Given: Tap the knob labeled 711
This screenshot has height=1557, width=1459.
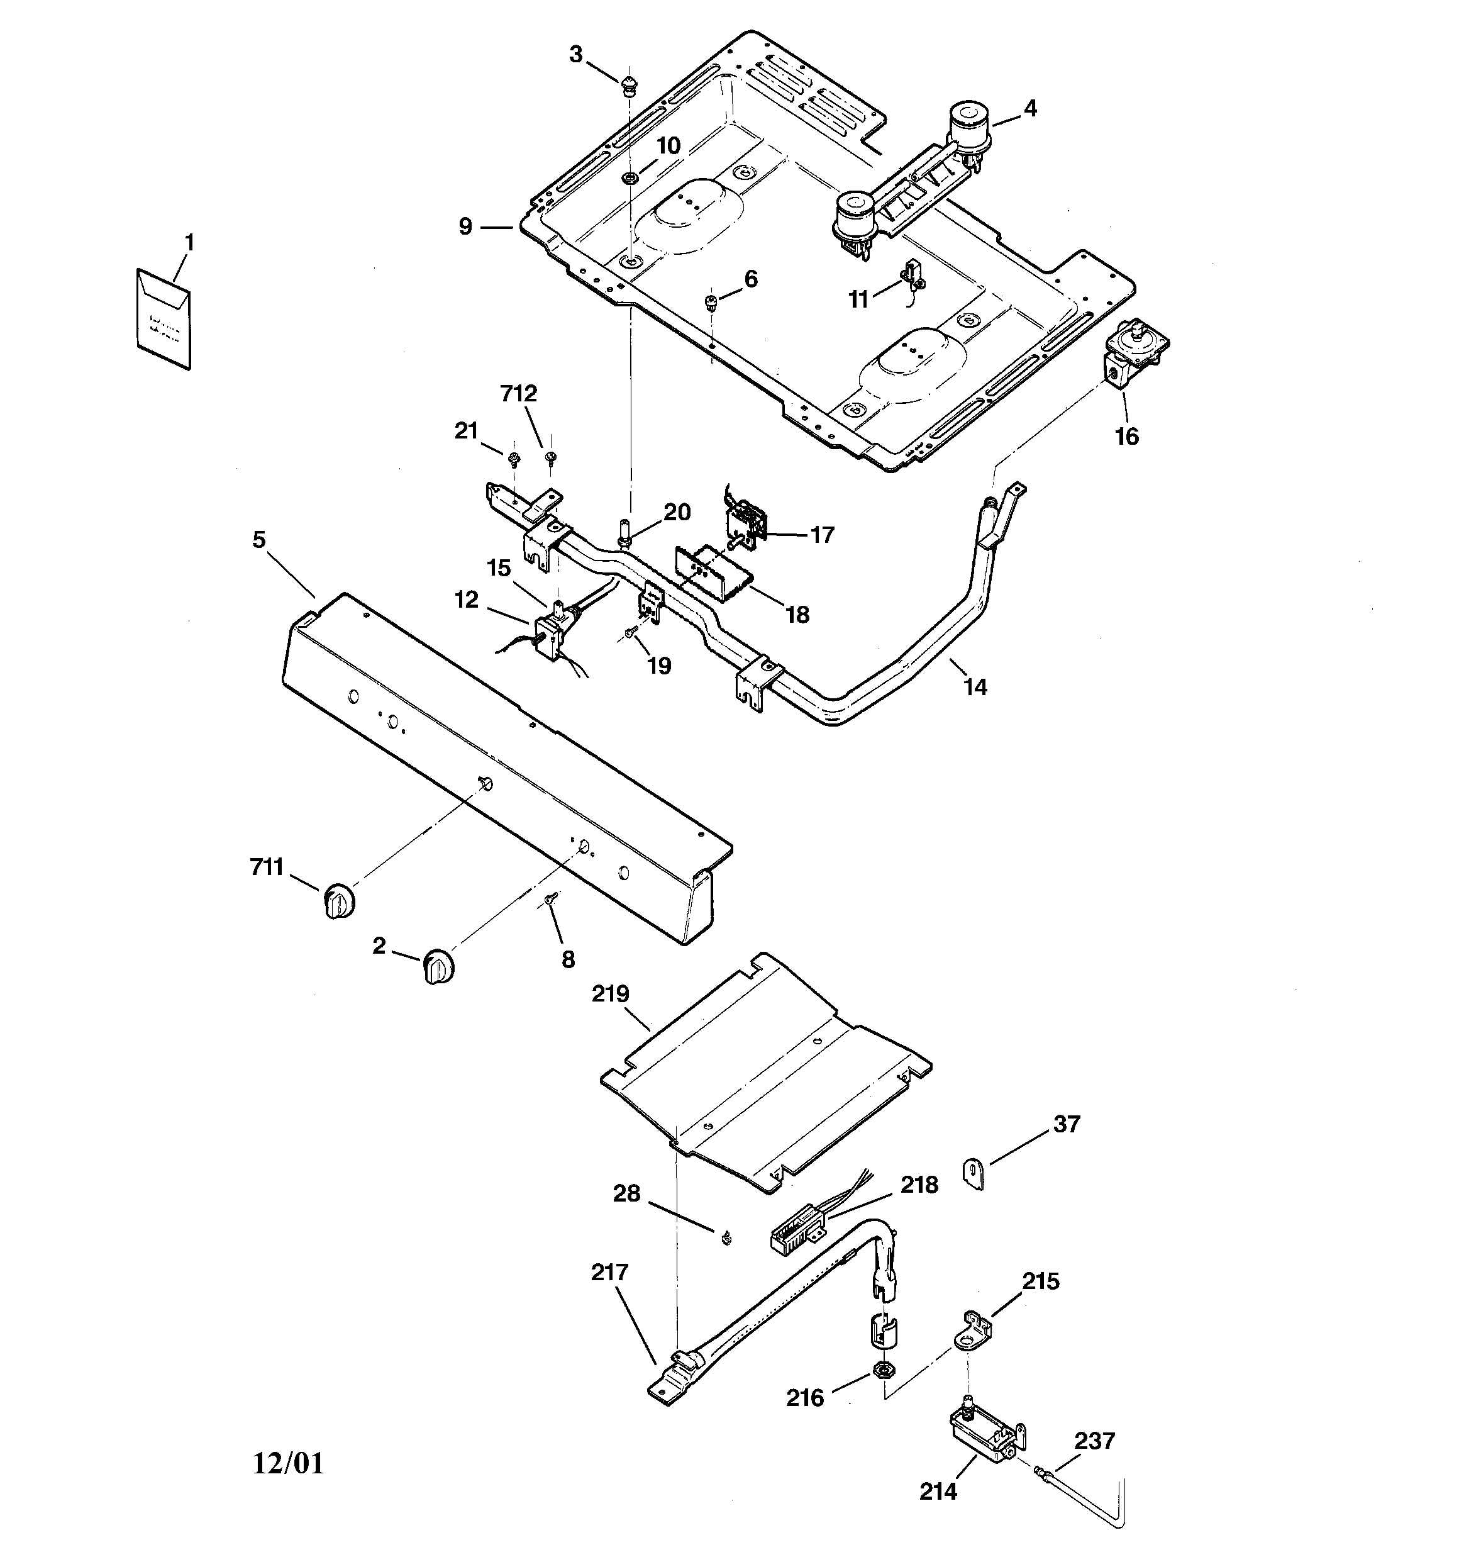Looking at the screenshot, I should [x=338, y=899].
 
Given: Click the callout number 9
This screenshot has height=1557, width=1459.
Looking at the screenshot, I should [x=466, y=227].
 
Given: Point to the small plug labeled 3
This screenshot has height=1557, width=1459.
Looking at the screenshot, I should [x=629, y=84].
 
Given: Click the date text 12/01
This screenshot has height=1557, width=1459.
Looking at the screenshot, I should [x=287, y=1463].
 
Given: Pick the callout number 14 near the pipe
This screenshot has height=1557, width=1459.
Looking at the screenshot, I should [x=975, y=687].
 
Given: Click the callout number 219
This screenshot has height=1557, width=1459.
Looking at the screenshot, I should [x=610, y=994].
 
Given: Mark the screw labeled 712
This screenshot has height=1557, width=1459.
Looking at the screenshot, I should [x=550, y=457].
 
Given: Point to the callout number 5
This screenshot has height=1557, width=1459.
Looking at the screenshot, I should [x=259, y=540].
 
